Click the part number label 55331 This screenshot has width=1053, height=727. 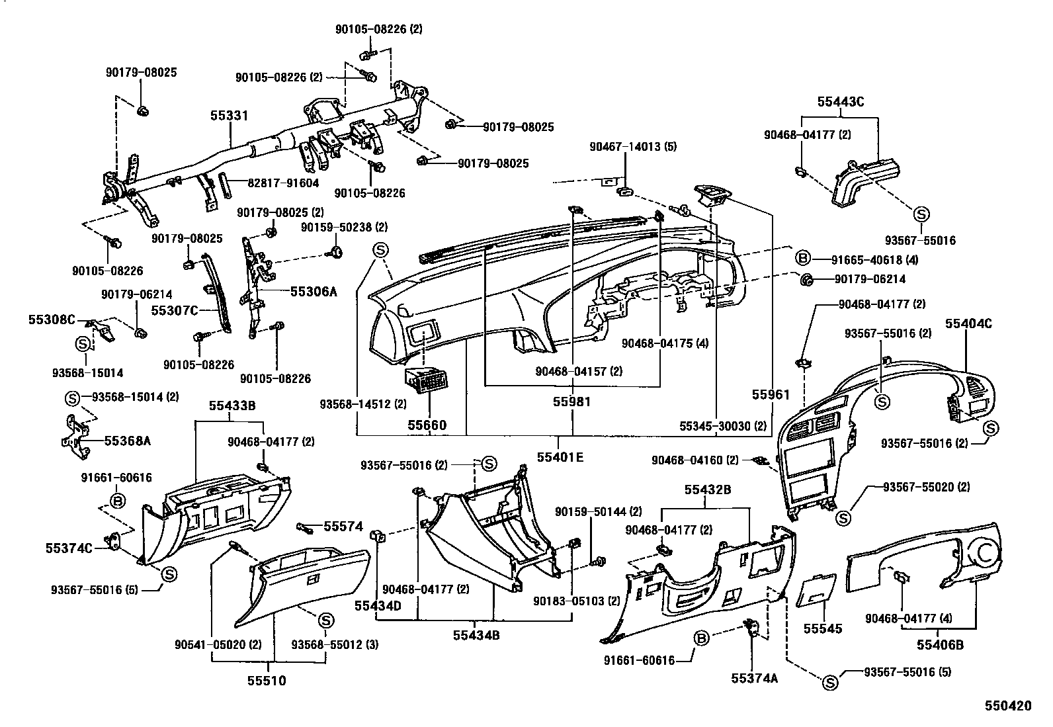click(x=230, y=116)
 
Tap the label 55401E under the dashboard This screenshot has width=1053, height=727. click(x=560, y=456)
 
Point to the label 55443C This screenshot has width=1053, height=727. click(x=840, y=102)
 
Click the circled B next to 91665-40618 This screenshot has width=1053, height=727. click(x=802, y=259)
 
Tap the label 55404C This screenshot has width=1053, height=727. click(x=968, y=323)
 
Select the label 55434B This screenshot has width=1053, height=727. click(x=476, y=635)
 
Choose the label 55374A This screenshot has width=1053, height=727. click(x=754, y=678)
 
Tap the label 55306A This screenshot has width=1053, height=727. click(x=313, y=290)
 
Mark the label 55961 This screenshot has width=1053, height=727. click(x=771, y=395)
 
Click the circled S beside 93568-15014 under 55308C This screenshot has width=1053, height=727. click(x=83, y=344)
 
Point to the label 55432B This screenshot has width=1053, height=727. click(x=707, y=490)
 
